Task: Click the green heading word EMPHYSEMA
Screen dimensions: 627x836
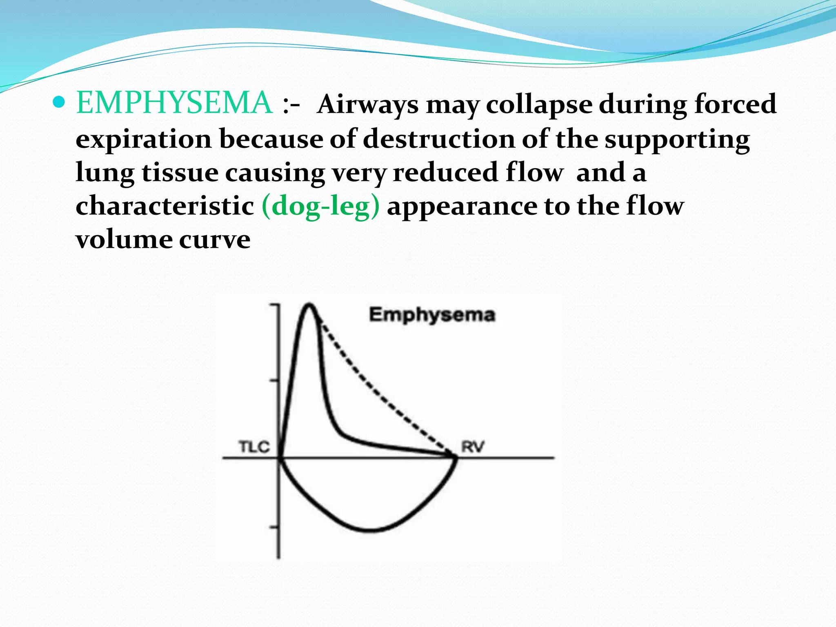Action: [174, 102]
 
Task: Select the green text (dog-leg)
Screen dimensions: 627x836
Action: [320, 205]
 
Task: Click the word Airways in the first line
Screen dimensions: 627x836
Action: [368, 104]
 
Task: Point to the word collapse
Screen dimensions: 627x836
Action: [539, 104]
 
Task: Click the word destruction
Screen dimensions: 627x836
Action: [439, 139]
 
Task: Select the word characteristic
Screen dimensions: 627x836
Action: [165, 205]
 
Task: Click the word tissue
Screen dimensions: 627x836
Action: [180, 172]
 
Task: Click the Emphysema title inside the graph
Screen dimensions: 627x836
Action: [432, 315]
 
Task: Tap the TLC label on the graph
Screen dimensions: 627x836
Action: [254, 447]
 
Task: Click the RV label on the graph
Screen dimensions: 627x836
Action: [472, 447]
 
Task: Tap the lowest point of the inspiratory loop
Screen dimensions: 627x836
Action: [369, 531]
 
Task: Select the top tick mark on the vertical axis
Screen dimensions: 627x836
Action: [274, 305]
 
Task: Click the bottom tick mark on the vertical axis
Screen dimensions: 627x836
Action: [274, 527]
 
